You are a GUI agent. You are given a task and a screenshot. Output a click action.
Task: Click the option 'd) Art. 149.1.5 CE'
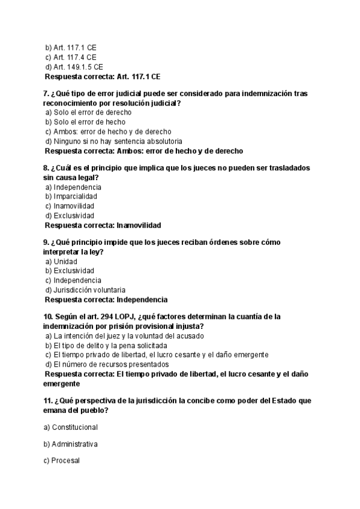click(x=74, y=67)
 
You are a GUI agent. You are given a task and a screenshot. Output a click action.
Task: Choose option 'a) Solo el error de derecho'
click(x=88, y=112)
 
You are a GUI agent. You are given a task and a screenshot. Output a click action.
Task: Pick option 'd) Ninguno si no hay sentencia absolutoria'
click(x=113, y=141)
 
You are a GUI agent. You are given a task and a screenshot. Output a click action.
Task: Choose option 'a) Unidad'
click(x=61, y=261)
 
